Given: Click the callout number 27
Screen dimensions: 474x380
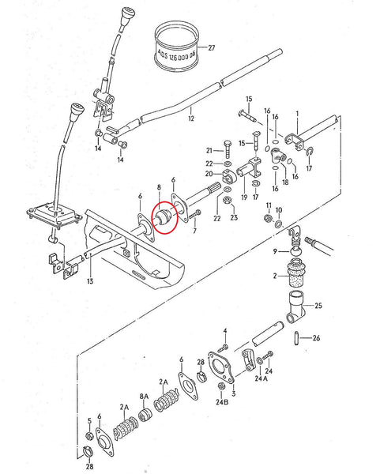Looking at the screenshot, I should click(x=210, y=48).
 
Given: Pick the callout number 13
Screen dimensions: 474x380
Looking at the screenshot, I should click(x=90, y=281).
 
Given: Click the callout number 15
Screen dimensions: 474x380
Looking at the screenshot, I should click(x=248, y=100).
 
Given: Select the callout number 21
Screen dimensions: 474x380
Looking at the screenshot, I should click(x=209, y=149).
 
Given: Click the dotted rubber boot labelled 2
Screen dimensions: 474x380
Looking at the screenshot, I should click(x=297, y=277).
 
